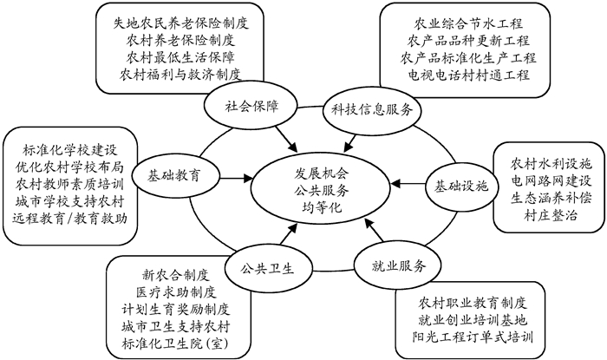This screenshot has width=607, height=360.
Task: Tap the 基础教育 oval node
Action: pyautogui.click(x=173, y=173)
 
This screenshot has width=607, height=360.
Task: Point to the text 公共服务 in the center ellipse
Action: pyautogui.click(x=317, y=190)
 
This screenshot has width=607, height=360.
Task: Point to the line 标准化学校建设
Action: pyautogui.click(x=70, y=144)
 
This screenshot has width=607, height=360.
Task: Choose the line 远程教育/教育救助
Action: pyautogui.click(x=70, y=218)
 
